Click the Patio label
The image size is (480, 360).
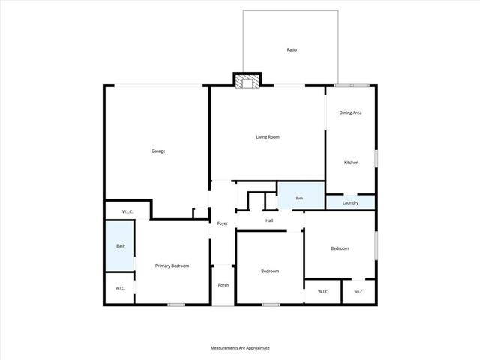tap(292, 50)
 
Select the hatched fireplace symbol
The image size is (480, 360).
tap(247, 82)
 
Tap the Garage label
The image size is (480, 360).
tap(158, 151)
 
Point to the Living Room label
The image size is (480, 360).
tap(268, 137)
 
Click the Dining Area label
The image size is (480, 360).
tap(350, 112)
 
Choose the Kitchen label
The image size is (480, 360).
tap(352, 163)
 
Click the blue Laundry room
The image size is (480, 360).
tap(350, 202)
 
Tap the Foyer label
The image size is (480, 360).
tap(223, 223)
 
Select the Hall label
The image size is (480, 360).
tap(269, 220)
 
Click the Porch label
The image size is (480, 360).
tap(223, 285)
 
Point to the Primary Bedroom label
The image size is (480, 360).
tap(172, 265)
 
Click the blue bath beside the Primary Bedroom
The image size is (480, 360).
tap(120, 246)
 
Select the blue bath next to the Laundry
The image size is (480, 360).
tap(301, 196)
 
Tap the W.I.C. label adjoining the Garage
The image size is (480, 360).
tap(127, 211)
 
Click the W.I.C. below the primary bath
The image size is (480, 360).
tap(120, 288)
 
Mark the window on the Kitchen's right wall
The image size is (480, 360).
tap(376, 158)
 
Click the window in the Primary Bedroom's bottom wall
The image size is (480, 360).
tap(176, 304)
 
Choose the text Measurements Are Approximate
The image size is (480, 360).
tap(240, 348)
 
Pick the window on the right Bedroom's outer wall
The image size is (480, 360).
tap(376, 245)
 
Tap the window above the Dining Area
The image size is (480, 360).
tap(352, 85)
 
